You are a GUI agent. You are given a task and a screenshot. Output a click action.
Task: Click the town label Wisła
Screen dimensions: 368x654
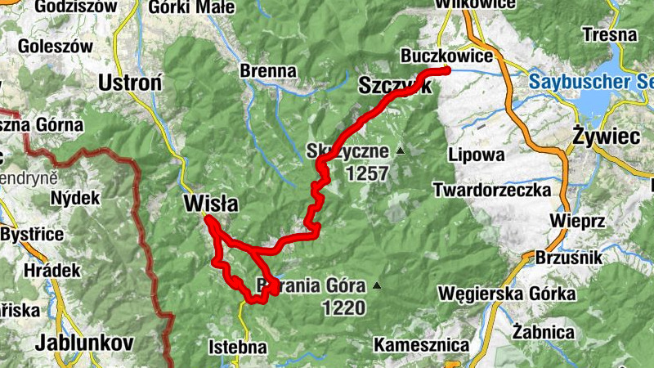[x=211, y=204]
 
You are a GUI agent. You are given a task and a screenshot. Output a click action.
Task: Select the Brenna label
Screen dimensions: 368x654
[x=268, y=71]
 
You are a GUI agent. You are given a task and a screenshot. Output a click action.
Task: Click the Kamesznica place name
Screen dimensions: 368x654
[x=422, y=346]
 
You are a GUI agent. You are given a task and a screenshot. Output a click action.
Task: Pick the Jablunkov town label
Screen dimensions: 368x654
[x=84, y=343]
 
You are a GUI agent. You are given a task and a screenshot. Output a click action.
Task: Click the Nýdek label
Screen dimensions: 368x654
[x=74, y=197]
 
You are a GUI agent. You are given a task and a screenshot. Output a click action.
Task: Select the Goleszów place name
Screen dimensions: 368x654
[x=56, y=46]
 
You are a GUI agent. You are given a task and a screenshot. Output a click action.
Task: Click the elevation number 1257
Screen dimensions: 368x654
[x=367, y=173]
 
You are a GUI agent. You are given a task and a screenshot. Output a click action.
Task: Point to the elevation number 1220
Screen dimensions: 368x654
[x=343, y=308]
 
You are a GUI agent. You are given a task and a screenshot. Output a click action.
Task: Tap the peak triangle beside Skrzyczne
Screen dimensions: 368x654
[x=400, y=150]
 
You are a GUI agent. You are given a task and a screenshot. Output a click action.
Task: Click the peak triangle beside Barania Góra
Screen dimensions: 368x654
[x=377, y=285]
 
